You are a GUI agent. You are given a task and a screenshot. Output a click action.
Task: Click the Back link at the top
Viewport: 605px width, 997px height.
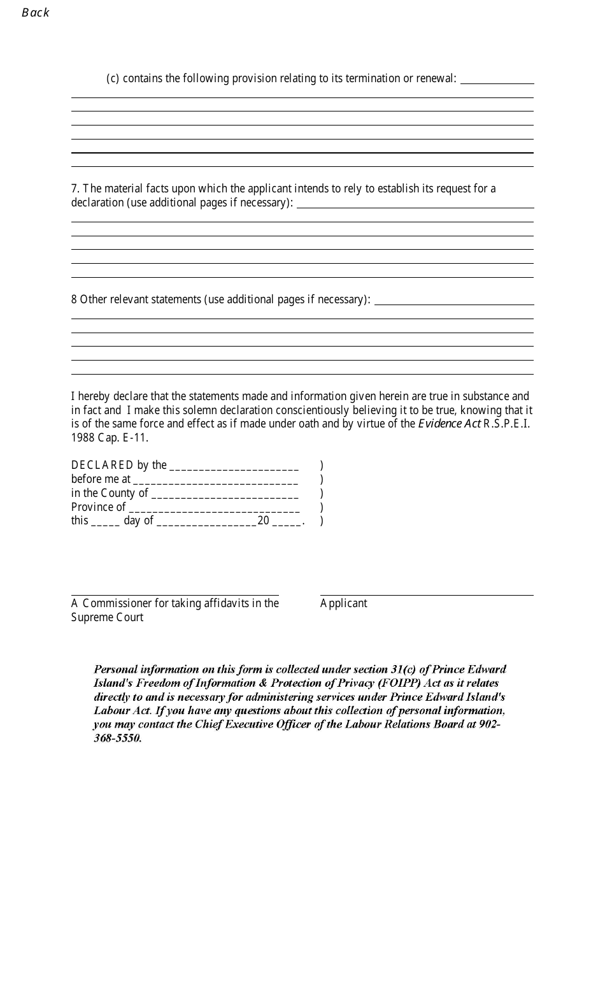[x=35, y=13]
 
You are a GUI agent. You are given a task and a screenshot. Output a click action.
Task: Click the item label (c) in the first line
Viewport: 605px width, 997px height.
[x=113, y=78]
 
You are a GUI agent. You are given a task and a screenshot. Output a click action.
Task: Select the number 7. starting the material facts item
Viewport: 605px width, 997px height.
[x=75, y=189]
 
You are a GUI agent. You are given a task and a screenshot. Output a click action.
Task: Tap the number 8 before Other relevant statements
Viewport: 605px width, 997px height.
[x=74, y=299]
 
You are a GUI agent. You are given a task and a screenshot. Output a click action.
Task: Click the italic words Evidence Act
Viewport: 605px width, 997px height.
[x=448, y=424]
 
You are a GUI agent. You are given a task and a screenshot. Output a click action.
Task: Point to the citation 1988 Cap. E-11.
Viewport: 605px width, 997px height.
[x=110, y=438]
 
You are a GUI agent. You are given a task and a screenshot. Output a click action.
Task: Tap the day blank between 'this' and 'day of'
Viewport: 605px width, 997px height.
[x=105, y=522]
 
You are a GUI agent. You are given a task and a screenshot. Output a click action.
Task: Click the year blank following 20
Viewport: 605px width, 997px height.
[x=287, y=522]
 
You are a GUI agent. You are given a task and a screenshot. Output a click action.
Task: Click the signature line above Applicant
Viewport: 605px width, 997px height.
[x=427, y=595]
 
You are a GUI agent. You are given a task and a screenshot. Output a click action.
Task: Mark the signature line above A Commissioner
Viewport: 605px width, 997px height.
[x=174, y=594]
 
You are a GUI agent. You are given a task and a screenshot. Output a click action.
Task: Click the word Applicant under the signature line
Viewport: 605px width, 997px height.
[x=344, y=603]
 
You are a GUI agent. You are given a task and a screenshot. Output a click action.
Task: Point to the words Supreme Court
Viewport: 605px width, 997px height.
[x=107, y=617]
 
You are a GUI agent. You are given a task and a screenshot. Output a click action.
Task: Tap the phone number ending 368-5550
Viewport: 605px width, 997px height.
[x=118, y=738]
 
